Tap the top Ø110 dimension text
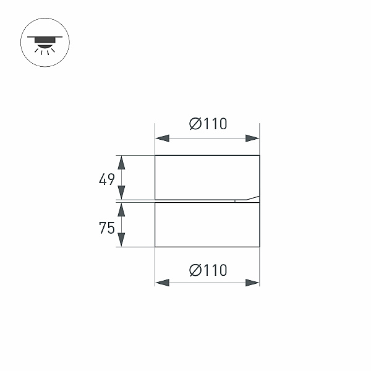[208, 124]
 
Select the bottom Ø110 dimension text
[208, 270]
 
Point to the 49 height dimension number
[107, 179]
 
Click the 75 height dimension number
[107, 228]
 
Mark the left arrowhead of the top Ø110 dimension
[162, 139]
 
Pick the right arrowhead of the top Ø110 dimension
[252, 139]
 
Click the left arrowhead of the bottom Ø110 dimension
[162, 283]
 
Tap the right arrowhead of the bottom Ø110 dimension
[252, 283]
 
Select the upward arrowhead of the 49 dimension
[122, 163]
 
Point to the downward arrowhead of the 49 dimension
[122, 192]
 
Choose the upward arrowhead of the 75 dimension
[122, 211]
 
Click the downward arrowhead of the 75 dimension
[122, 239]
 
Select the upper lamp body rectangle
[207, 176]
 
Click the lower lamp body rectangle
[207, 224]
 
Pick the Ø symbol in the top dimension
[194, 124]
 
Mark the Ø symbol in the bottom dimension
[194, 270]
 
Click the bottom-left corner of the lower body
[155, 247]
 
